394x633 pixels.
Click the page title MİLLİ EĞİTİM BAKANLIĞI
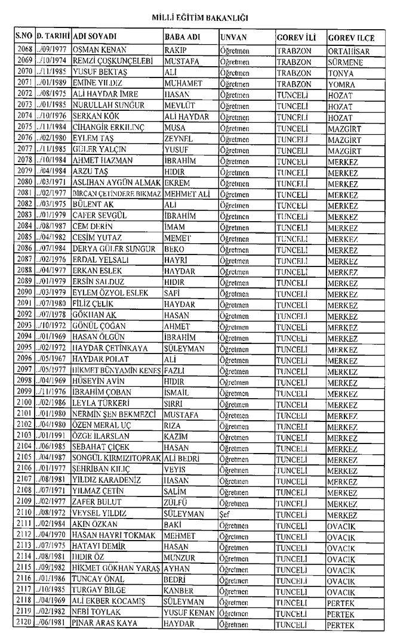pos(196,18)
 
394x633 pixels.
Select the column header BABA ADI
pos(181,38)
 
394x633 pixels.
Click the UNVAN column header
pos(234,38)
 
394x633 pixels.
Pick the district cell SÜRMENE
pos(346,63)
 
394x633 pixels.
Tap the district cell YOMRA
pos(341,83)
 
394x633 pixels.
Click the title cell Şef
pos(225,513)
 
